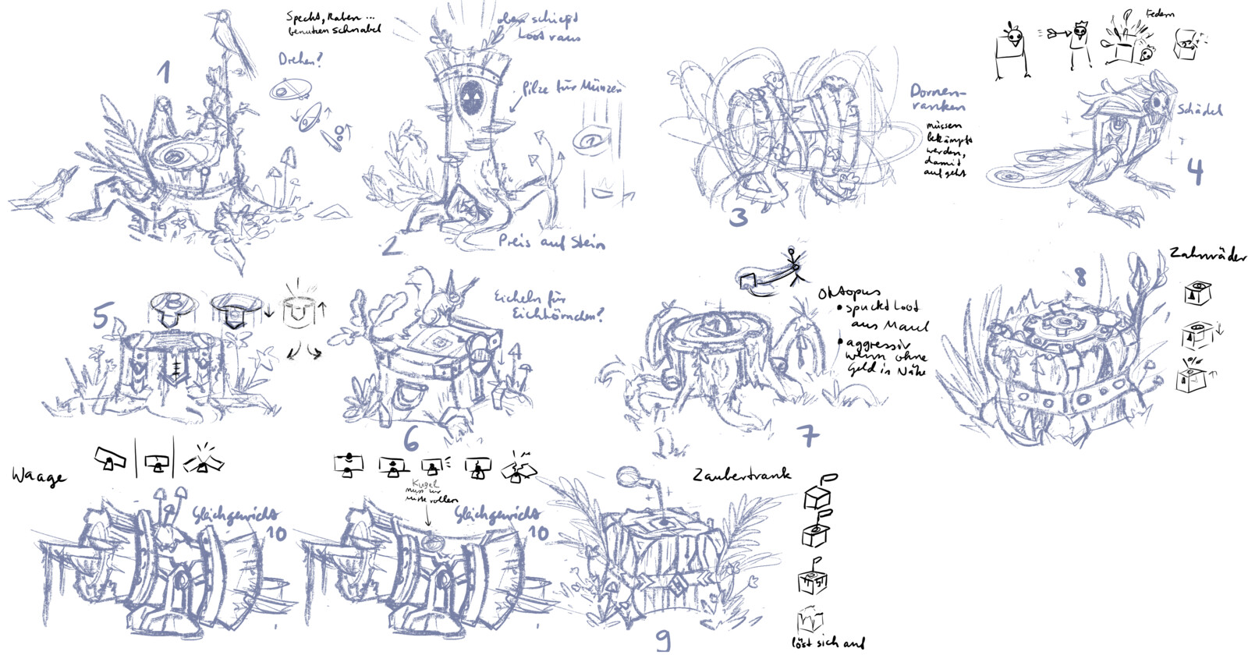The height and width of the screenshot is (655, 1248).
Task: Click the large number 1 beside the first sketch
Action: (163, 72)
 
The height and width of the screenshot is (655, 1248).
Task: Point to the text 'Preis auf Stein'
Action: (551, 242)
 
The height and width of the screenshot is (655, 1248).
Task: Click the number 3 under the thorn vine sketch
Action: (737, 217)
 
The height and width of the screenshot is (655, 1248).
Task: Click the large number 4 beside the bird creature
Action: (1194, 171)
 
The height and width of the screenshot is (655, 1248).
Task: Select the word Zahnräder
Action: (1207, 255)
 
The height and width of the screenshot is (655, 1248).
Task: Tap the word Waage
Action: (37, 476)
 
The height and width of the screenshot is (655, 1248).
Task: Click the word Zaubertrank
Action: (741, 474)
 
